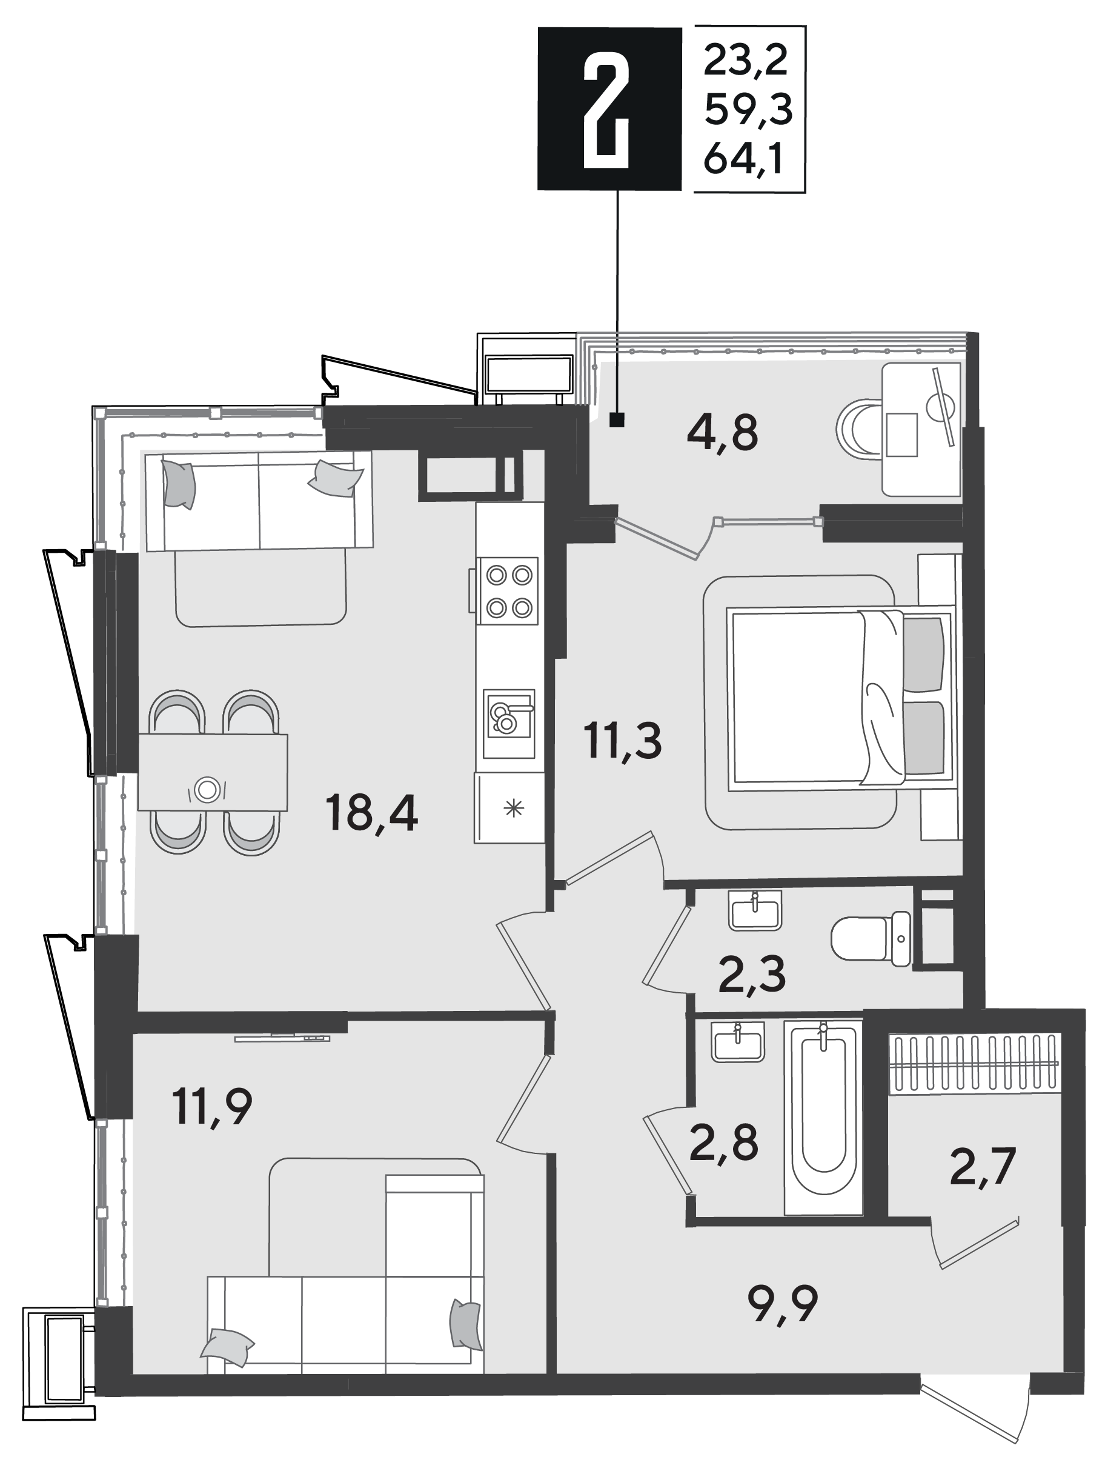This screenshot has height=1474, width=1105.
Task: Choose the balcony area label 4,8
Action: pos(722,434)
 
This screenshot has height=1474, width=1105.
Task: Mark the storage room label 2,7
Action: pos(983,1167)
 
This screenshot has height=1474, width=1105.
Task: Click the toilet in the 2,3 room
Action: pos(871,938)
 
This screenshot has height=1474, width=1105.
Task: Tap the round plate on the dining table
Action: pos(207,790)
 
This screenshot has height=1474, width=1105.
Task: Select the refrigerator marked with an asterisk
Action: pos(509,808)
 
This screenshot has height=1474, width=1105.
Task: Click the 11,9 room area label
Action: pos(212,1106)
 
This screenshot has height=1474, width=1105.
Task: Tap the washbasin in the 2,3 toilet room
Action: pos(755,910)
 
